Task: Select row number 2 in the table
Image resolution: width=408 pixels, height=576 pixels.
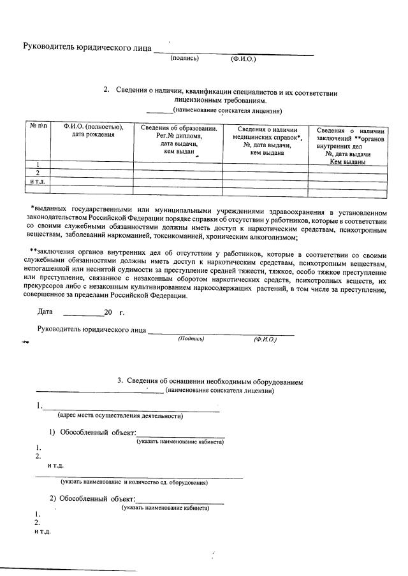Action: click(36, 173)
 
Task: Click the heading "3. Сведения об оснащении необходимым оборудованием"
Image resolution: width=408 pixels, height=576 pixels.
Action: click(210, 381)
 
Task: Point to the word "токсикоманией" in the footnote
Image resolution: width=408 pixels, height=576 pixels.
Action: click(176, 237)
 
